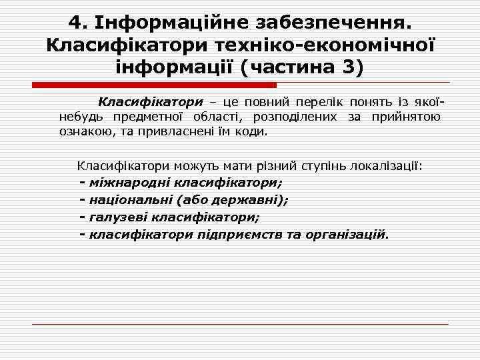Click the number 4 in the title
[x=75, y=23]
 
